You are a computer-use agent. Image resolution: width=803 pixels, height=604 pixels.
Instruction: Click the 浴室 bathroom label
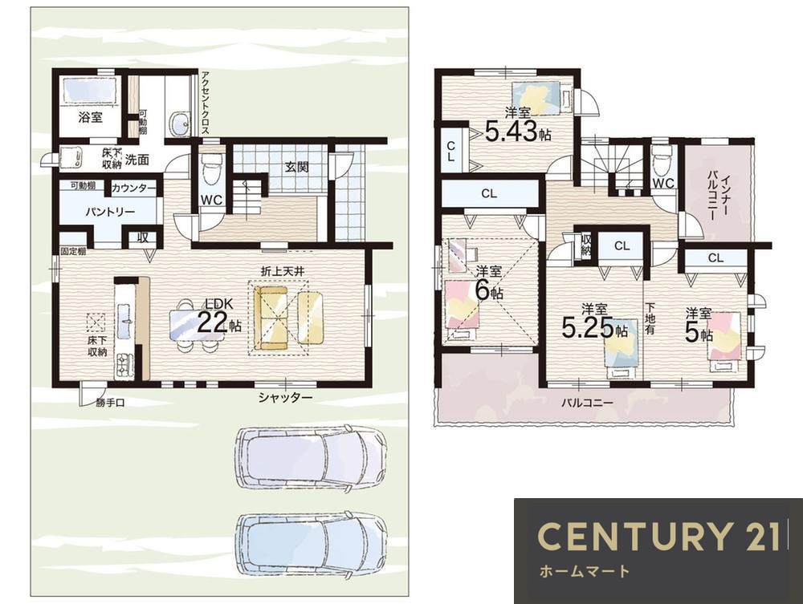point(90,117)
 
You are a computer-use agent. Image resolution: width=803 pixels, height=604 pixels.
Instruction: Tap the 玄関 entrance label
point(297,167)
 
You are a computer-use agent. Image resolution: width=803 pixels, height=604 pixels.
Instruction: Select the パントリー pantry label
point(110,212)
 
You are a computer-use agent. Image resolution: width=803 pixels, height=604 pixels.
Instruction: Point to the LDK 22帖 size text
point(219,317)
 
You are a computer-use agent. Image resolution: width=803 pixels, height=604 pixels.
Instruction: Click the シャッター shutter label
point(285,397)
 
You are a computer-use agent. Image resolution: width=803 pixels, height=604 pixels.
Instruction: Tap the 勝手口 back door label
point(110,403)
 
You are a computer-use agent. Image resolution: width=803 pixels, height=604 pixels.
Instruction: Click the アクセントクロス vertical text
point(205,103)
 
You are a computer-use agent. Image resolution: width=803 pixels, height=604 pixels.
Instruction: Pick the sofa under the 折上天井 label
point(271,318)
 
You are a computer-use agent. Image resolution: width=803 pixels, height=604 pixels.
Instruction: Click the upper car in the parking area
point(310,458)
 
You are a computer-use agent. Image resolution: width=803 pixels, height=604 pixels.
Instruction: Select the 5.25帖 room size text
point(594,322)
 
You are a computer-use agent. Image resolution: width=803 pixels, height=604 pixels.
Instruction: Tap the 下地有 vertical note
point(650,318)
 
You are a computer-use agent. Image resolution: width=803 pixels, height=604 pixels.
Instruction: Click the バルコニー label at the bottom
point(587,403)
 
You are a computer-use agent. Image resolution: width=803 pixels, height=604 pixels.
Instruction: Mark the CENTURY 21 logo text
point(658,537)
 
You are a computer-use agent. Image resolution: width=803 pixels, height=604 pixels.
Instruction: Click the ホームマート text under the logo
point(585,571)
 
